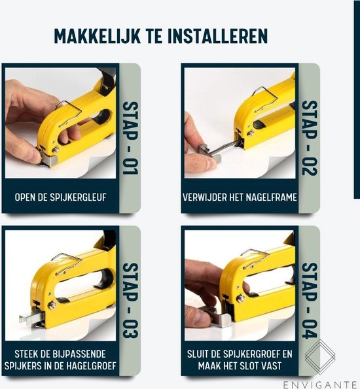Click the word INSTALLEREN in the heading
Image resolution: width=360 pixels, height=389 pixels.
click(218, 36)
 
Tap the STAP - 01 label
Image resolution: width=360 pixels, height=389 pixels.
click(130, 138)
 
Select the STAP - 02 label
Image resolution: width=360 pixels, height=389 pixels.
click(310, 138)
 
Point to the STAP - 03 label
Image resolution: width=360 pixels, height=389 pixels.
click(130, 300)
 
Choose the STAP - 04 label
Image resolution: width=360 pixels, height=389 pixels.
click(310, 301)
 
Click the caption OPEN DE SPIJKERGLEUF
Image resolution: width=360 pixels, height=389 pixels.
click(60, 197)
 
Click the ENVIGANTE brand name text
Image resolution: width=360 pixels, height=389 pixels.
click(320, 385)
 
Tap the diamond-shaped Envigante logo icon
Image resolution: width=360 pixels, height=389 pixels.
click(320, 356)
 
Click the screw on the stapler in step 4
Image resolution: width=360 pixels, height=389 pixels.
click(240, 298)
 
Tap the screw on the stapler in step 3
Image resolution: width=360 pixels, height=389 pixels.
click(52, 305)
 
